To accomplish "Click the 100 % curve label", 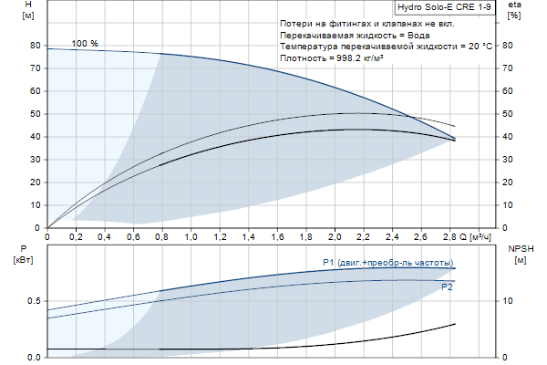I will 85,44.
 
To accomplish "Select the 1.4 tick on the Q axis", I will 249,236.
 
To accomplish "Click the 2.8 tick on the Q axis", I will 449,236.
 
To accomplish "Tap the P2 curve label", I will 447,287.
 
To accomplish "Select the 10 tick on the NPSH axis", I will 509,301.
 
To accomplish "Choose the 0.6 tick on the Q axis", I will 134,236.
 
